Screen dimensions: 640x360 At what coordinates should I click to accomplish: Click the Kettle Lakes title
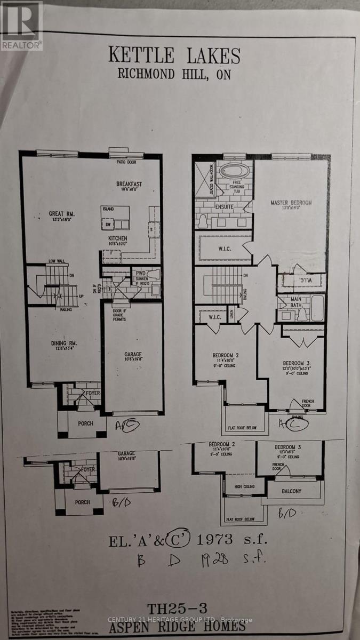tap(174, 55)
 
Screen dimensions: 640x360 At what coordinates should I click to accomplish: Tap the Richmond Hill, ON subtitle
tap(174, 74)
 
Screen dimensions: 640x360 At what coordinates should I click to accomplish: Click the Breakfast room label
tap(129, 185)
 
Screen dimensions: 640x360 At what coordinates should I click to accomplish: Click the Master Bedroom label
tap(291, 203)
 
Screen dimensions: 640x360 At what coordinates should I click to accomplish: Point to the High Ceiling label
tap(245, 486)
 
